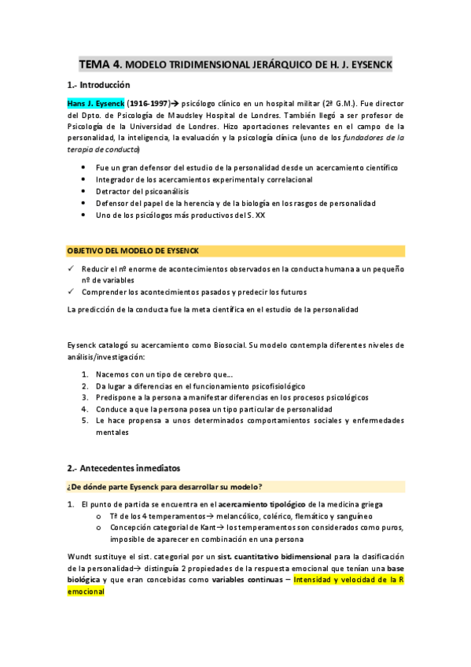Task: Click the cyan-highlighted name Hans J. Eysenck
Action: [x=95, y=103]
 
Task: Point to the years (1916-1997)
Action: [x=149, y=103]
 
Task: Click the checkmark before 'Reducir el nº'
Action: [x=71, y=268]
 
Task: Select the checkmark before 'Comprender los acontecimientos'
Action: [x=71, y=292]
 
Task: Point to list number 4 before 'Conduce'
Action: [x=84, y=409]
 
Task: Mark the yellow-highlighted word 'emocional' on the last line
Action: [x=86, y=592]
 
